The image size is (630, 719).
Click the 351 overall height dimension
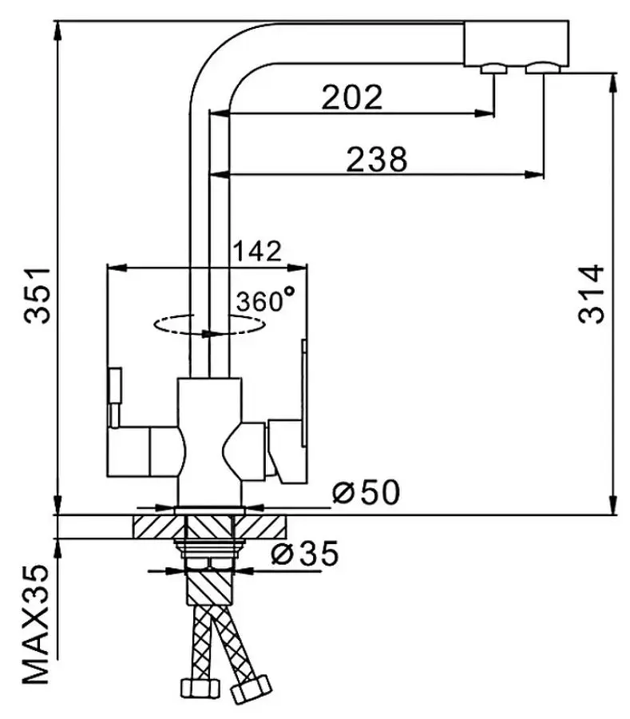[37, 296]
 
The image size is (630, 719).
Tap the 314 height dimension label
[591, 294]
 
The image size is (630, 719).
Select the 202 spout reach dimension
[351, 97]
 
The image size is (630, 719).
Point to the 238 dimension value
[376, 159]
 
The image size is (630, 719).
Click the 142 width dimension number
[257, 251]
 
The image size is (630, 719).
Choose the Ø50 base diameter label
[366, 491]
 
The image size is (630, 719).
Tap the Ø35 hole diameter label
[305, 553]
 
